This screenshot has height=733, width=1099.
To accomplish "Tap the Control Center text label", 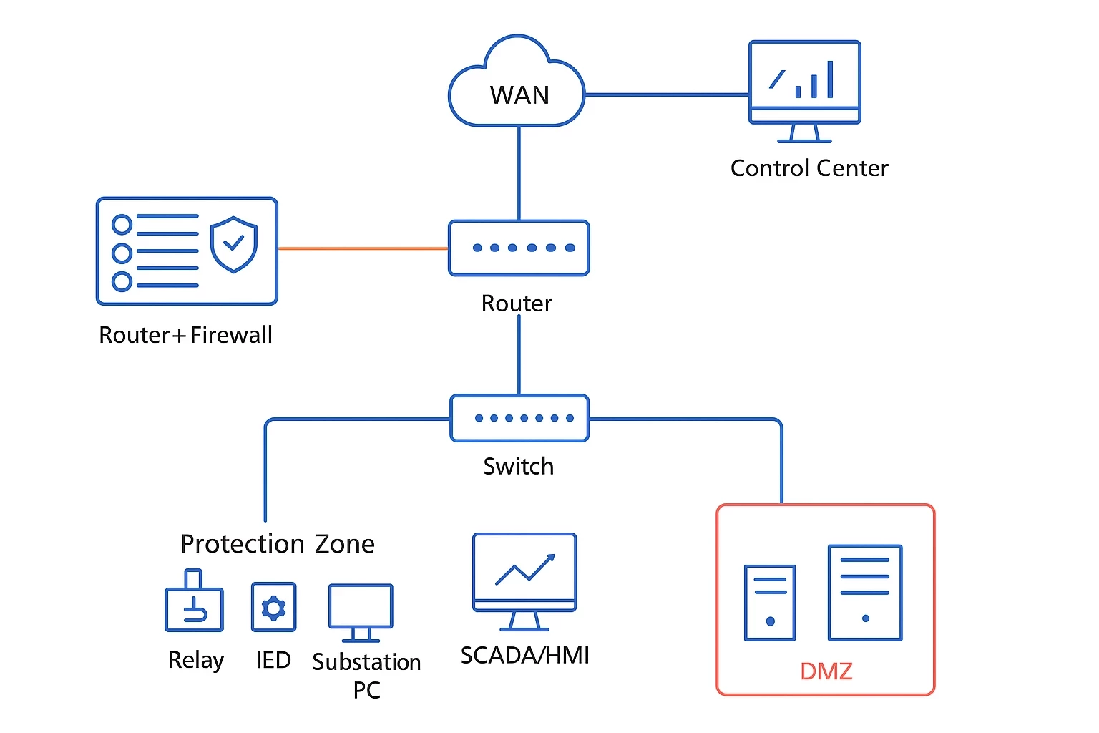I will coord(809,168).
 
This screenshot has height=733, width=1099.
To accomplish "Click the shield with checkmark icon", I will coord(233,244).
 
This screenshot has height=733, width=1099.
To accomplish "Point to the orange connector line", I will coord(363,248).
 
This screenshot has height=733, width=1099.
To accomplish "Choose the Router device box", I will coord(519,248).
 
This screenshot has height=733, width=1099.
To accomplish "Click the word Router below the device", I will coord(517,304).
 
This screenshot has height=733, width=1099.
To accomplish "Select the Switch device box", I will coord(519,418).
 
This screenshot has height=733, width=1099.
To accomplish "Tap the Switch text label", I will coord(518,467).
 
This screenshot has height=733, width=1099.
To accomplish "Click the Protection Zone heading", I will coord(277,544).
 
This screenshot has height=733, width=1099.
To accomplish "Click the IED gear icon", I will coord(273,607).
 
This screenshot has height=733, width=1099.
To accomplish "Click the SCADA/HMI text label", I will coord(524,656).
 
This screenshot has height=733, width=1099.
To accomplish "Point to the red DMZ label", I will coord(826,671).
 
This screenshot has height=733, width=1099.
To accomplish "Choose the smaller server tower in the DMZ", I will coord(769,602).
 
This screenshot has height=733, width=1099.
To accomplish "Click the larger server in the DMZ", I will coord(865,593).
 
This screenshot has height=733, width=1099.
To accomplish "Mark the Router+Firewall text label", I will coord(185,335).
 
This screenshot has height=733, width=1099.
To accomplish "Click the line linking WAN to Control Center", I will coord(667,94).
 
